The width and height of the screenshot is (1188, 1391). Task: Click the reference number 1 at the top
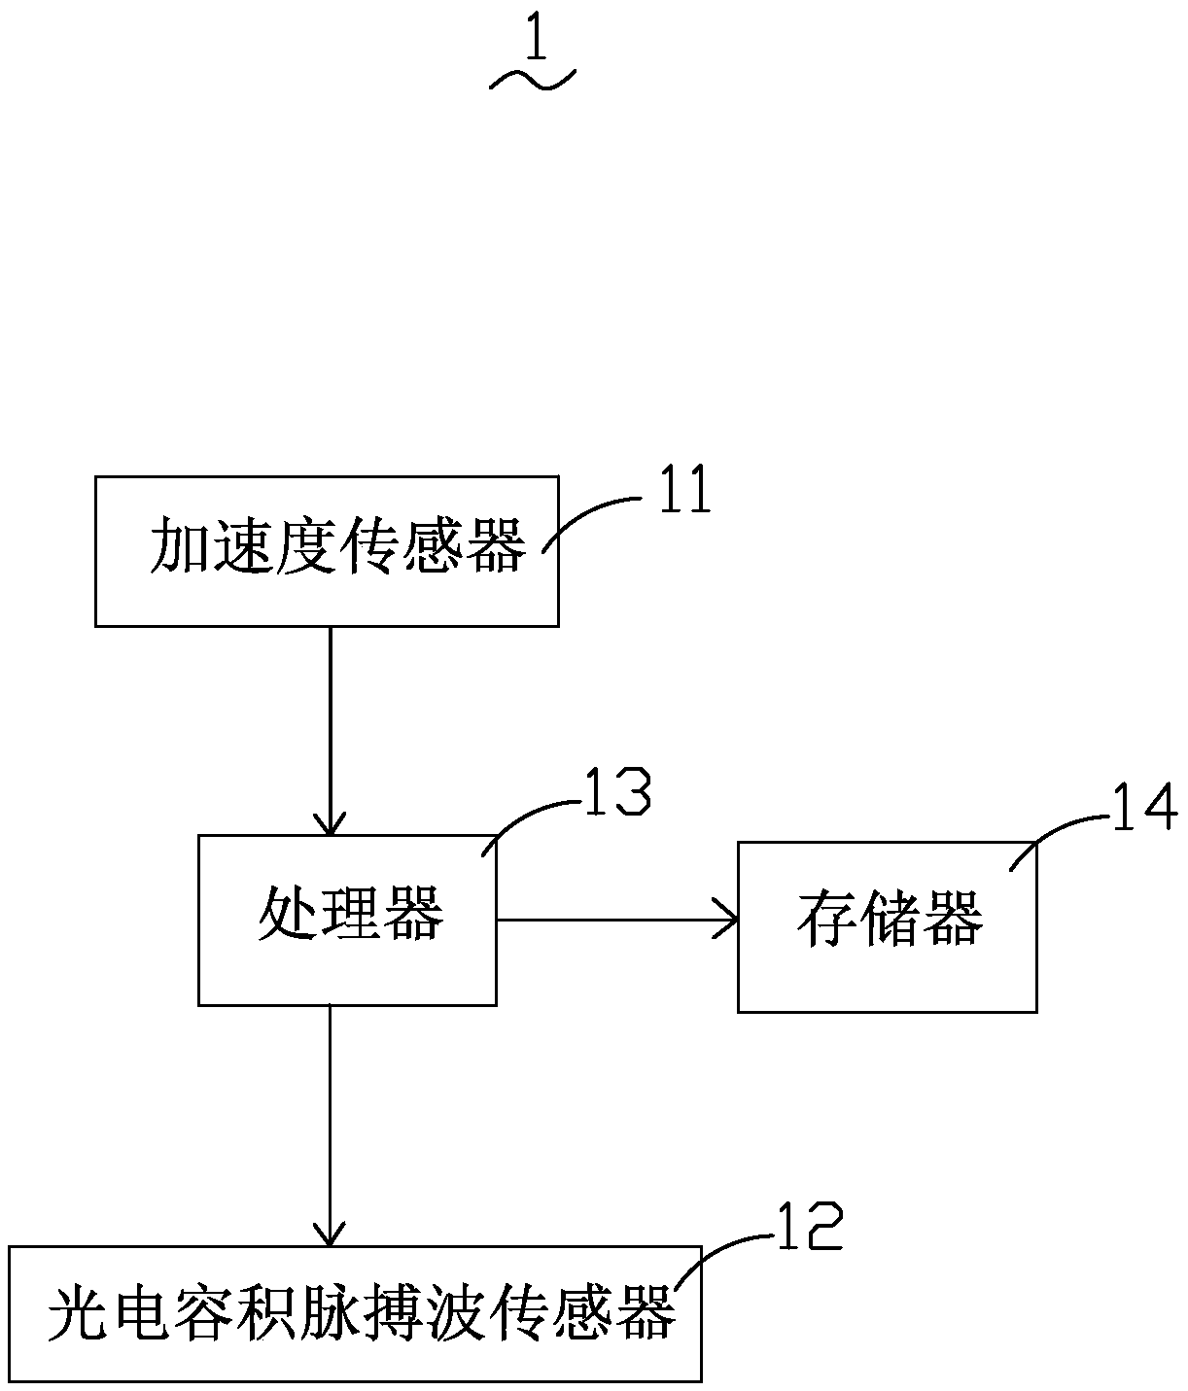pyautogui.click(x=533, y=40)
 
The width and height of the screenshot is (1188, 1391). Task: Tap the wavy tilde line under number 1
pyautogui.click(x=533, y=81)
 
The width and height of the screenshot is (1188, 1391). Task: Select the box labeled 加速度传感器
pyautogui.click(x=327, y=550)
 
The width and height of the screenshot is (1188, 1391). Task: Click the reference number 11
pyautogui.click(x=684, y=491)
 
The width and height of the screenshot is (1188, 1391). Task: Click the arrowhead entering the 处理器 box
pyautogui.click(x=331, y=824)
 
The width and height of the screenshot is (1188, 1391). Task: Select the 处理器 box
pyautogui.click(x=347, y=920)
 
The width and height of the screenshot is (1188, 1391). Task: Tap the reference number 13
pyautogui.click(x=616, y=793)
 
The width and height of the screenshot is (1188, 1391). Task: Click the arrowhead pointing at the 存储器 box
pyautogui.click(x=727, y=919)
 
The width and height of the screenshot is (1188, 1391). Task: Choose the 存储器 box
pyautogui.click(x=887, y=926)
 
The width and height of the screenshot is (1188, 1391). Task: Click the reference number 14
pyautogui.click(x=1144, y=810)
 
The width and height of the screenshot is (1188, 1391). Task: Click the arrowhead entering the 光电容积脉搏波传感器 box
pyautogui.click(x=330, y=1235)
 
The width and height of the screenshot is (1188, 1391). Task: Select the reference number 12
pyautogui.click(x=809, y=1228)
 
